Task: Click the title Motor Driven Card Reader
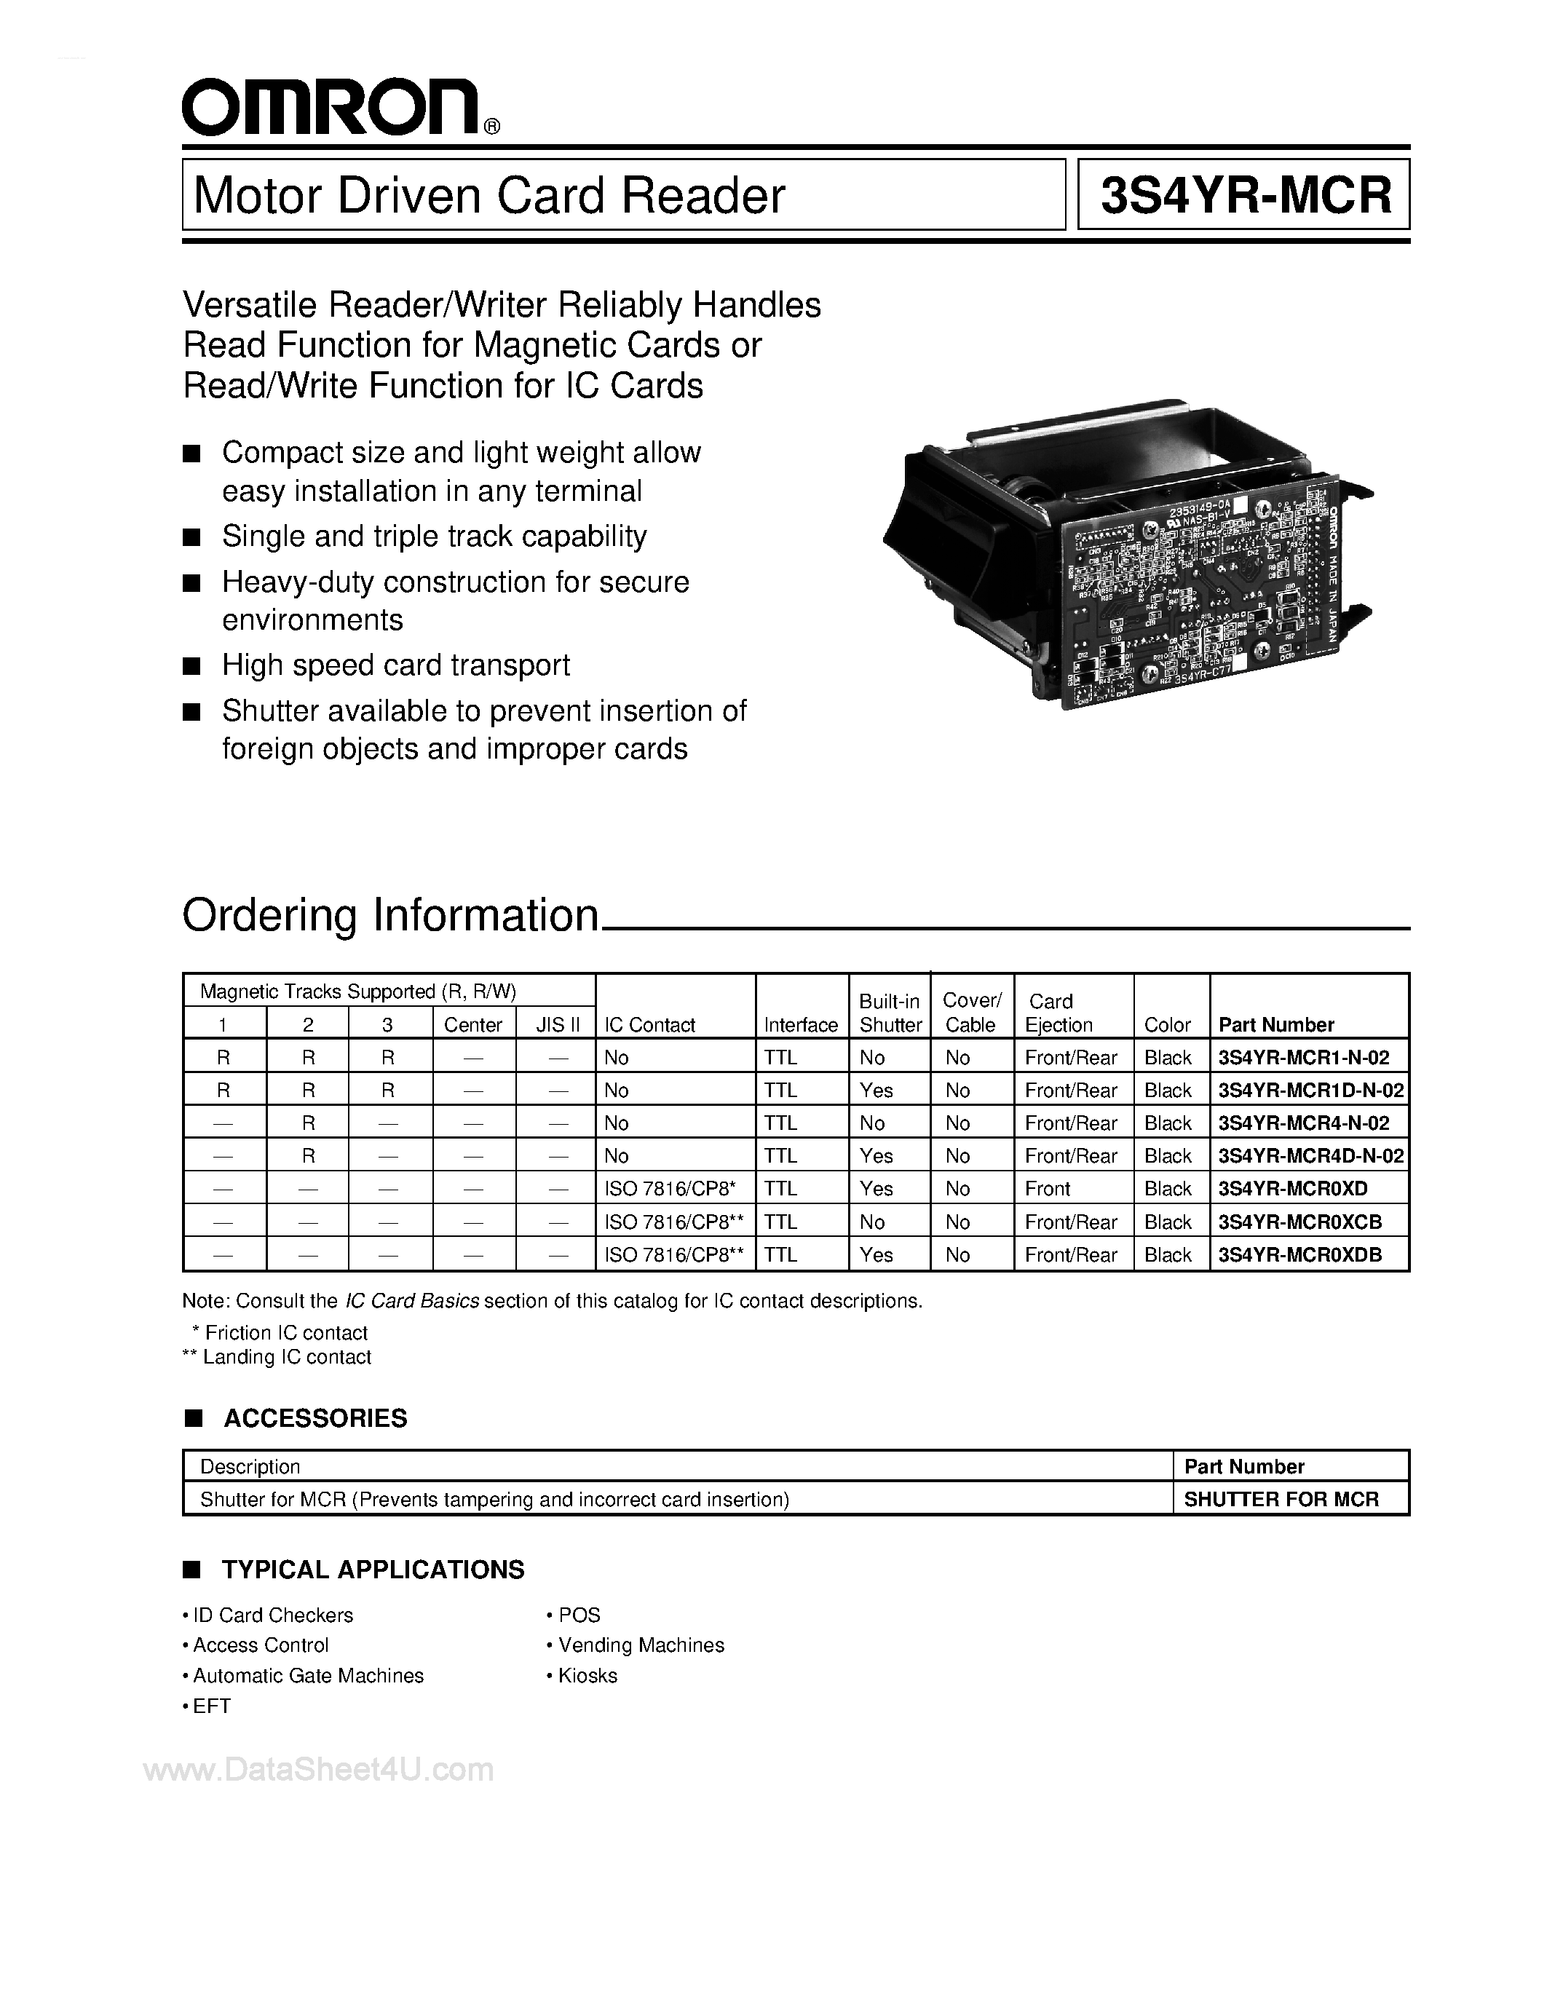pyautogui.click(x=489, y=195)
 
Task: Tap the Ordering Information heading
pyautogui.click(x=390, y=915)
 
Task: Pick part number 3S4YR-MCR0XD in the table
pyautogui.click(x=1292, y=1189)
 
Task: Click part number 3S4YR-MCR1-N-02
pyautogui.click(x=1303, y=1058)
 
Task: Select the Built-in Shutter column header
pyautogui.click(x=889, y=1013)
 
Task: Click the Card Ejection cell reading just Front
pyautogui.click(x=1048, y=1189)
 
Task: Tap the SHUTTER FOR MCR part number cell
pyautogui.click(x=1281, y=1499)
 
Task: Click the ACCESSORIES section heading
pyautogui.click(x=314, y=1418)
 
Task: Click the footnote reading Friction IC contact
pyautogui.click(x=285, y=1333)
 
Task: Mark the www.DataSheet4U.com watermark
pyautogui.click(x=318, y=1769)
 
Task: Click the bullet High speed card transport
pyautogui.click(x=395, y=665)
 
